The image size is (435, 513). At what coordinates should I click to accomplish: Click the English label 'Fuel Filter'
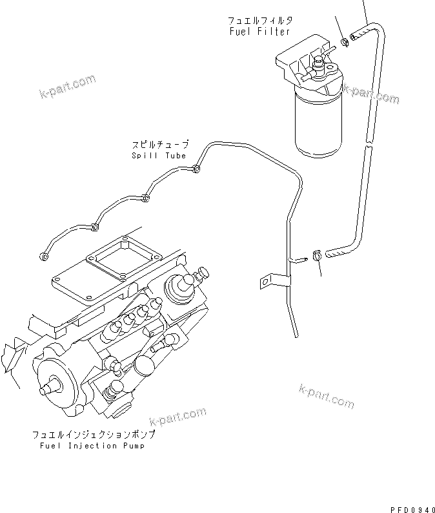[259, 32]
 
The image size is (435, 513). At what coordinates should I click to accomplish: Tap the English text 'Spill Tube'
[159, 156]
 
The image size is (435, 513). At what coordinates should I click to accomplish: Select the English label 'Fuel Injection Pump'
[88, 446]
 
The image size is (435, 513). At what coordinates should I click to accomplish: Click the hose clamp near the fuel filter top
[346, 43]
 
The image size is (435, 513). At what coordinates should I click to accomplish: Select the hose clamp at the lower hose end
[317, 255]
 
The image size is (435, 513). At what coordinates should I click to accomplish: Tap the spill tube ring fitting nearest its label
[196, 170]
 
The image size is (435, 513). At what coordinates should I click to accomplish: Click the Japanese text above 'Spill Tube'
[160, 145]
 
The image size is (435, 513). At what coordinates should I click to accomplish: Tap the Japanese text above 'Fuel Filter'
[259, 21]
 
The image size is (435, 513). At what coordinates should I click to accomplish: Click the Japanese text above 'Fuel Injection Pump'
[94, 435]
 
